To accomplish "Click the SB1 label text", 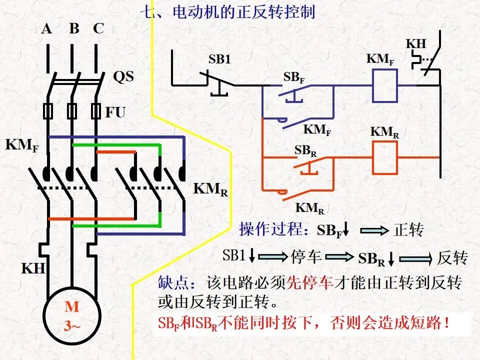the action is (x=219, y=59).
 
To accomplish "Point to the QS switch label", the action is (x=123, y=76).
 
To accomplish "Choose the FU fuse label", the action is (x=115, y=112).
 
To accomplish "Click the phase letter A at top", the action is (x=46, y=29).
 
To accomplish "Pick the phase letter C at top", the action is (x=98, y=28).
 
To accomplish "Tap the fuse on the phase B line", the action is (x=72, y=111).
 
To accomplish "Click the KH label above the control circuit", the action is (x=416, y=44).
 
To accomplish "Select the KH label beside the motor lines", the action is (x=33, y=268).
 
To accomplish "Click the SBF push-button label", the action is (x=294, y=78).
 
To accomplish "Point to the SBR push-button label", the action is (x=305, y=150).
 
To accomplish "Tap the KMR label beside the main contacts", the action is (x=210, y=189).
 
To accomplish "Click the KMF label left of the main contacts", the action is (x=21, y=145).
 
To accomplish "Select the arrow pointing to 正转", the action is (x=374, y=230).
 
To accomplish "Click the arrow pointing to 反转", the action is (x=415, y=258).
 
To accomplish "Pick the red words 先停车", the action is (x=309, y=282).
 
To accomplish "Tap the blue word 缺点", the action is (x=173, y=282).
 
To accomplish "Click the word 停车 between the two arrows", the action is (x=306, y=257).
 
